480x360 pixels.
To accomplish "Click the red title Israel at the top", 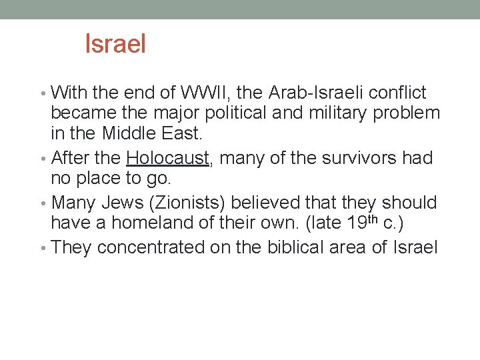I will point(115,45).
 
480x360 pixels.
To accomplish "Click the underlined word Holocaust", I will point(167,158).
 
